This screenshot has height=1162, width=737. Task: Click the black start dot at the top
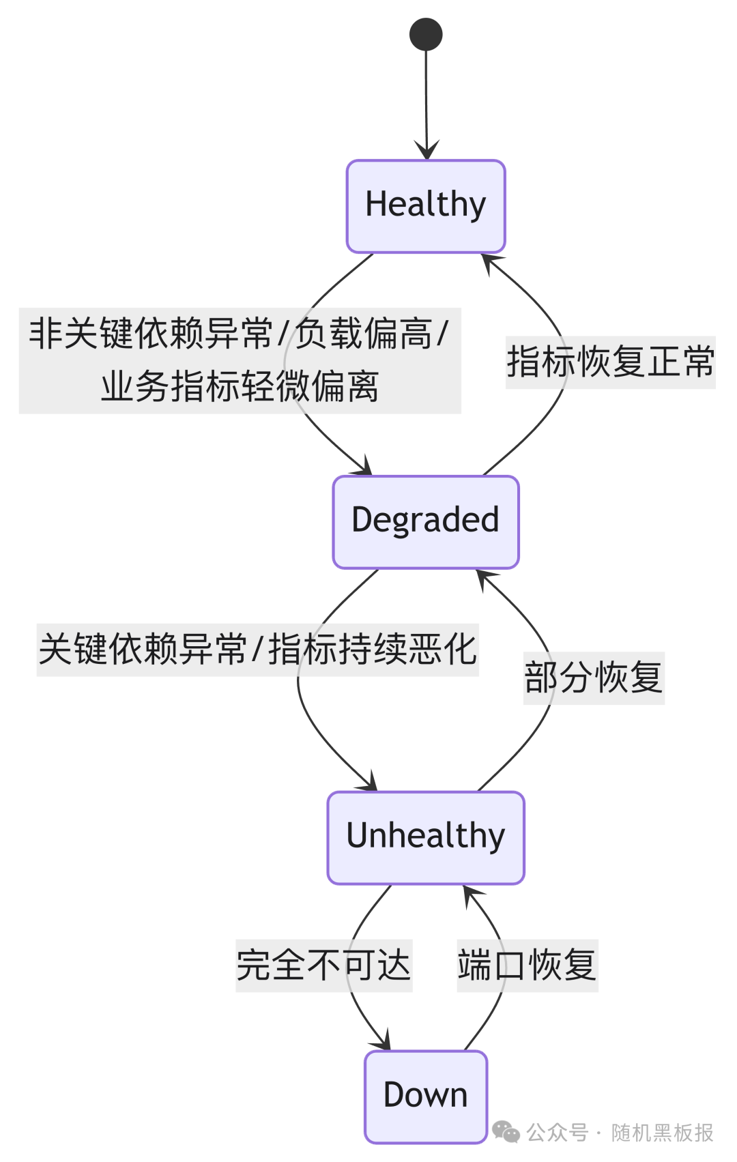pyautogui.click(x=426, y=34)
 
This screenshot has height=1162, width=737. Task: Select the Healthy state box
pyautogui.click(x=426, y=206)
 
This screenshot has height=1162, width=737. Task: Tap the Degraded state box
pyautogui.click(x=426, y=521)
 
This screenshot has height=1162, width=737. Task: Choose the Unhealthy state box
pyautogui.click(x=426, y=837)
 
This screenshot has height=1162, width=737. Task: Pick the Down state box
pyautogui.click(x=426, y=1096)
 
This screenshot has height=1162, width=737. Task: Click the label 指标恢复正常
pyautogui.click(x=610, y=362)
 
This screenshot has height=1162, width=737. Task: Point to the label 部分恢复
pyautogui.click(x=594, y=678)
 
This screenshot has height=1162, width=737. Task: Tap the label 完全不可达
pyautogui.click(x=323, y=965)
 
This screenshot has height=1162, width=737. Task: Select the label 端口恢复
pyautogui.click(x=527, y=965)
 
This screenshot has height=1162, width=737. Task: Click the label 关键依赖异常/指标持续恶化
pyautogui.click(x=257, y=649)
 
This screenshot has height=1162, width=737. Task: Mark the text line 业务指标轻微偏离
pyautogui.click(x=240, y=387)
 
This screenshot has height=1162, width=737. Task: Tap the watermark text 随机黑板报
pyautogui.click(x=662, y=1133)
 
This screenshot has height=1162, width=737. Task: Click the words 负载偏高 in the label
pyautogui.click(x=364, y=334)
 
